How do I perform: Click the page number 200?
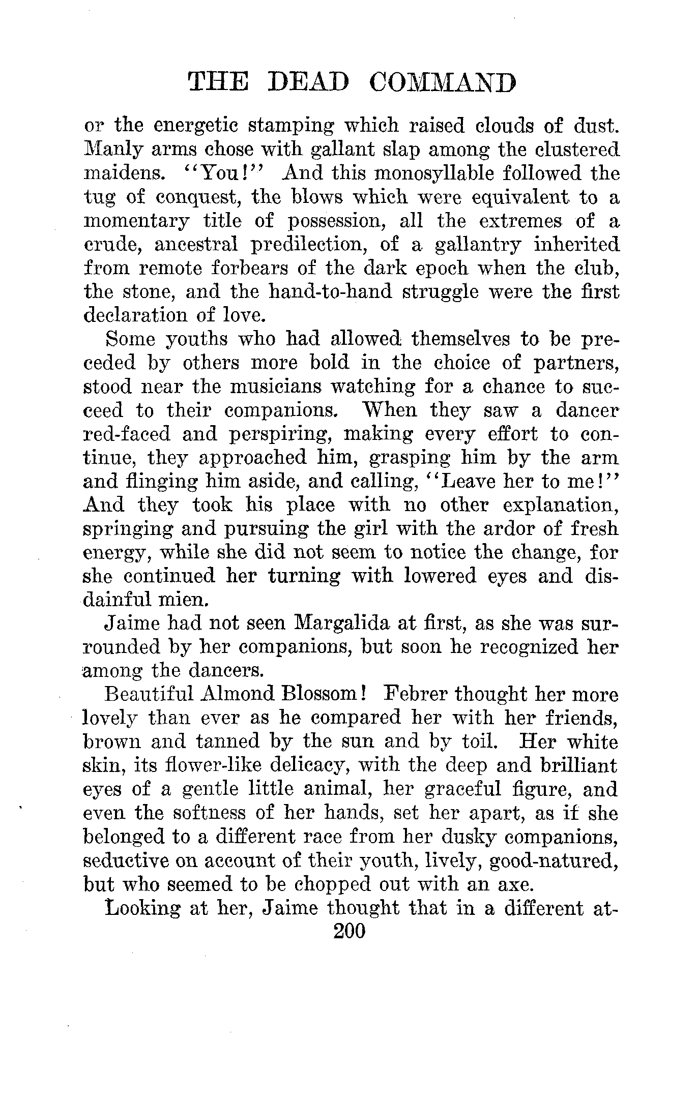tap(349, 932)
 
